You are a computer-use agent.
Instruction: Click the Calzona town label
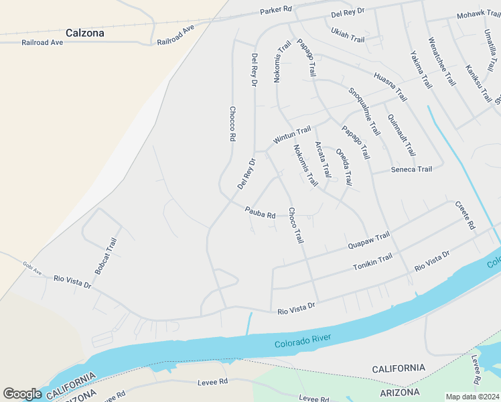pos(85,32)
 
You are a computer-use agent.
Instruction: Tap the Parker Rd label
pos(276,10)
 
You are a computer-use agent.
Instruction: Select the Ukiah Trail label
pos(348,35)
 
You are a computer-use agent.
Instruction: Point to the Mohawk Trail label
pos(479,15)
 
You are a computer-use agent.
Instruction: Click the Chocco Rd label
pos(232,123)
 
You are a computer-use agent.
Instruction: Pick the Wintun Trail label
pos(292,135)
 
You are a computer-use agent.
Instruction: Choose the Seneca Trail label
pos(411,170)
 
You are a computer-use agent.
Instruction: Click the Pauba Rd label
pos(260,212)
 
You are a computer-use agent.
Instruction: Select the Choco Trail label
pos(295,225)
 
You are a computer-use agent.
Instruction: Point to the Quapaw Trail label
pos(368,241)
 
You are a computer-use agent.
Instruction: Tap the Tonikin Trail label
pos(372,263)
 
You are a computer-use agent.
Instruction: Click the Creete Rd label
pos(465,216)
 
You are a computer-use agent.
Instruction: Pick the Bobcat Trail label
pos(106,256)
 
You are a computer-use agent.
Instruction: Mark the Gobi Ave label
pos(32,268)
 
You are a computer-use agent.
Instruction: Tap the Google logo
pos(22,393)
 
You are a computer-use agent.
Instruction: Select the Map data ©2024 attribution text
pos(472,396)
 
